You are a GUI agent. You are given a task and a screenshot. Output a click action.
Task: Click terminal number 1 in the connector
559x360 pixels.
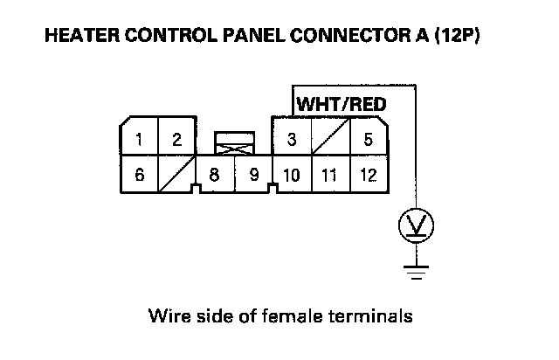[x=139, y=138]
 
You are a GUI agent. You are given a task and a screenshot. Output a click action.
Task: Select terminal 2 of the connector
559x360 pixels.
[x=176, y=138]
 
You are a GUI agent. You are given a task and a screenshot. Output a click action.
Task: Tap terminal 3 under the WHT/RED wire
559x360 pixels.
[x=292, y=138]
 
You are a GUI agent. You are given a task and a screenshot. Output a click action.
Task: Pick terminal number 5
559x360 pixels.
[x=368, y=138]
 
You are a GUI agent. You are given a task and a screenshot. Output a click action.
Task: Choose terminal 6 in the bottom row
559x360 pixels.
[x=139, y=175]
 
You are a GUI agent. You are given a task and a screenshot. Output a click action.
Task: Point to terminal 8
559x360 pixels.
[x=215, y=175]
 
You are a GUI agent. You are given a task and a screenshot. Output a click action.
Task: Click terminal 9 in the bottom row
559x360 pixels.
[x=253, y=175]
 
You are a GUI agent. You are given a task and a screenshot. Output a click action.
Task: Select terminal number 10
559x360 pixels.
[x=292, y=175]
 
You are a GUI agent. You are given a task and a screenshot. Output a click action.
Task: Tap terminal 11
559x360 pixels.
[x=329, y=175]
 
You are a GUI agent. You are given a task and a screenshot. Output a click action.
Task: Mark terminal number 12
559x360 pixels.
[x=368, y=175]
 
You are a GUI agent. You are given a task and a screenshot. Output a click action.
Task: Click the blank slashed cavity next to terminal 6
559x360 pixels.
[x=176, y=175]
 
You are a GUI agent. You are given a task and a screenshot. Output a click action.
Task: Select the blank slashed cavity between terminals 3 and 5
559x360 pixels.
[x=330, y=138]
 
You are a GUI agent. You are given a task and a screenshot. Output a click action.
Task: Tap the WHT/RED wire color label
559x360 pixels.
[x=342, y=104]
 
